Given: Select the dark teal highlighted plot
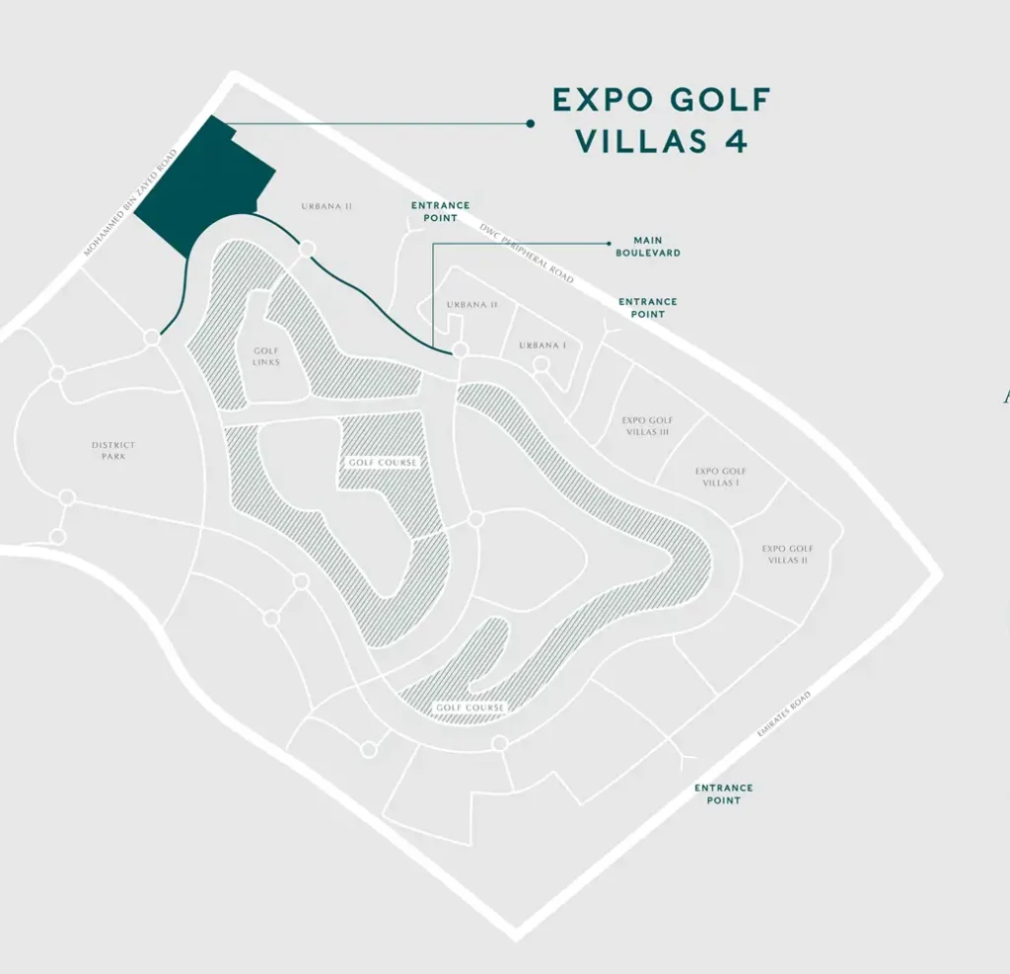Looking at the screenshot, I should tap(202, 185).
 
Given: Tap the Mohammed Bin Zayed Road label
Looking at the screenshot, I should tap(130, 203).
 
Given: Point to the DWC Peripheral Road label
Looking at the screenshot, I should tap(526, 253).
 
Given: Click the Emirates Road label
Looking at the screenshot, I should tap(784, 716).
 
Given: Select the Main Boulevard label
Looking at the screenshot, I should tap(648, 247).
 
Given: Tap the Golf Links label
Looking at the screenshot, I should tap(266, 356).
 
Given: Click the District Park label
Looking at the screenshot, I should tap(113, 450).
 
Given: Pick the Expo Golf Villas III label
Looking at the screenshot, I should tap(647, 426).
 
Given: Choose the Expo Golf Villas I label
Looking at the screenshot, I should tap(721, 478).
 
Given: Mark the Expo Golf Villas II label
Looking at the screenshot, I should tap(787, 555).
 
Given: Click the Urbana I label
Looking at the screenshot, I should tap(543, 345).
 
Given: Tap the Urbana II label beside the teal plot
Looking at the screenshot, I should tap(326, 206).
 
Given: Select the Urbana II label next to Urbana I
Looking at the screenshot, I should tap(471, 304).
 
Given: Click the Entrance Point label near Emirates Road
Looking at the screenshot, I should tap(723, 794).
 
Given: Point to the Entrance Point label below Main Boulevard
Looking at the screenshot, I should tap(648, 308).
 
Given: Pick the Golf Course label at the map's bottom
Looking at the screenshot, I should tap(469, 708).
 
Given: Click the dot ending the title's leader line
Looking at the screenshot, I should tap(531, 123).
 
